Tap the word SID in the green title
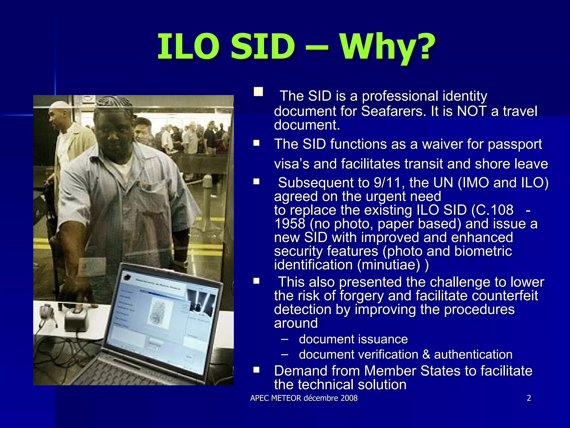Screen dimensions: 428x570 click(263, 47)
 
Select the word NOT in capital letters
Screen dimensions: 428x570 click(472, 111)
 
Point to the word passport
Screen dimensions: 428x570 click(515, 144)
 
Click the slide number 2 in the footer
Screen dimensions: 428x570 click(529, 398)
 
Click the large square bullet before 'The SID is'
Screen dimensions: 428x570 click(258, 92)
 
